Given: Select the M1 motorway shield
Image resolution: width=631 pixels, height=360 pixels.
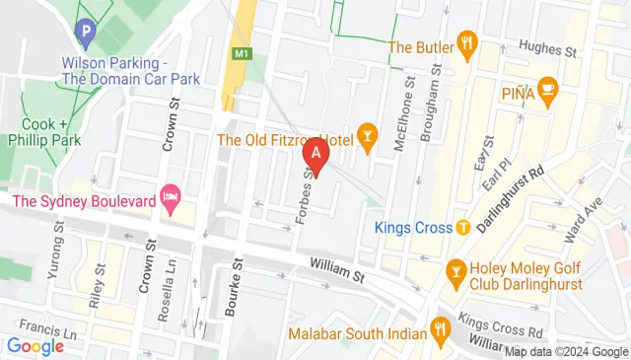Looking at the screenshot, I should [241, 51].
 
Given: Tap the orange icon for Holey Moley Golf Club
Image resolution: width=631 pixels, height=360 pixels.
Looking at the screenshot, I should [456, 269].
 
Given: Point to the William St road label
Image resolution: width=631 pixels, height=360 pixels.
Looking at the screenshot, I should [336, 266].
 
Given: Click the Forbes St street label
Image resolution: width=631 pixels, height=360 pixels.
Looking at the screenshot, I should [304, 196].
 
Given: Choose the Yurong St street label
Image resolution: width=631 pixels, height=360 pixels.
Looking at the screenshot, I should [60, 245].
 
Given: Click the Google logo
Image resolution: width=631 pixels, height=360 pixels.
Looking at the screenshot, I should [35, 346].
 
